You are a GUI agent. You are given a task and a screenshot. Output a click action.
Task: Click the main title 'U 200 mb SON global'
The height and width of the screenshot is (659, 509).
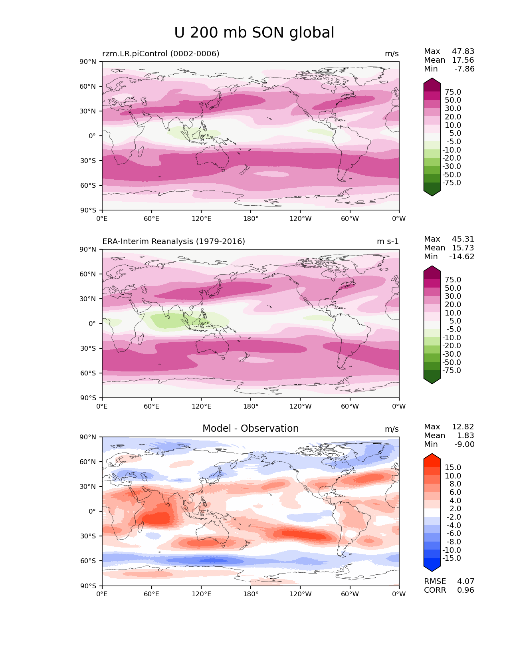(254, 33)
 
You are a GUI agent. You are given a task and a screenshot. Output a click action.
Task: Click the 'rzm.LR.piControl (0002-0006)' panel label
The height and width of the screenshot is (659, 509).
(160, 54)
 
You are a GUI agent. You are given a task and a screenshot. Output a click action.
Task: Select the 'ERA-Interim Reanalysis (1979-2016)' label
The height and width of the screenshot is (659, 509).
(174, 241)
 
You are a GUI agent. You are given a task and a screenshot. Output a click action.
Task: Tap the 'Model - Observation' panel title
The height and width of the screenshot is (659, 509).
(250, 429)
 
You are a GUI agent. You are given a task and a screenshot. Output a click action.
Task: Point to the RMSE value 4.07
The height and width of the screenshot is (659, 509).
(465, 581)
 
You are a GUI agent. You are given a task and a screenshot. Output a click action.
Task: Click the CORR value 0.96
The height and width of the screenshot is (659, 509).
(465, 590)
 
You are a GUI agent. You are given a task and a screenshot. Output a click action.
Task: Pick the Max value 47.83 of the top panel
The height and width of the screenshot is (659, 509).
(463, 51)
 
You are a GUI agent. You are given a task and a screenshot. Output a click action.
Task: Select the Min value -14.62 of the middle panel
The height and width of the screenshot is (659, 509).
(462, 256)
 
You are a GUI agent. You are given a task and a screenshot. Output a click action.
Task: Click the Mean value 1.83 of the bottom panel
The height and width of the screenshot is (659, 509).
(465, 435)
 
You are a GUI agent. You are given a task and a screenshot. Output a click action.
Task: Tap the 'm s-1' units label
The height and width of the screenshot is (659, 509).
(388, 242)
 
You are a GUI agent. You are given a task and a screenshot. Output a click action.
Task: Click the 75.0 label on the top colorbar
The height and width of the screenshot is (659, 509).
(453, 92)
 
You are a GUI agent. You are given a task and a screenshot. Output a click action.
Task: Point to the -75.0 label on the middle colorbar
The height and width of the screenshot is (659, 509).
(452, 370)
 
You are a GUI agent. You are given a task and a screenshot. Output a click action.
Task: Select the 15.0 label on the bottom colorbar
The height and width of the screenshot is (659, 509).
(453, 467)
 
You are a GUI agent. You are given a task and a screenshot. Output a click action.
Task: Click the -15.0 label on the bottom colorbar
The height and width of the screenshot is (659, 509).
(452, 558)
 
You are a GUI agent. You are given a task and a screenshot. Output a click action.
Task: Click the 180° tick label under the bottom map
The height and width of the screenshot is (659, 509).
(251, 594)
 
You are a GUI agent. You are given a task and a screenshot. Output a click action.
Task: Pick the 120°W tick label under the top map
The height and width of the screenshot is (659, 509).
(301, 218)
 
